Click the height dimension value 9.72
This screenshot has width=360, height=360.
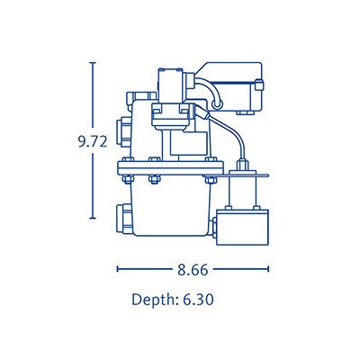pyautogui.click(x=93, y=141)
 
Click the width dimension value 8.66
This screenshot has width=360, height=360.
pyautogui.click(x=193, y=269)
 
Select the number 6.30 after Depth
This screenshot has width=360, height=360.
pyautogui.click(x=198, y=299)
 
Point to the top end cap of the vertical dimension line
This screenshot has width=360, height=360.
pyautogui.click(x=93, y=63)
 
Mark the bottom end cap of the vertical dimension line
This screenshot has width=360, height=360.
pyautogui.click(x=93, y=218)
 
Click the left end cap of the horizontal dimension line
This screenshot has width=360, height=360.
pyautogui.click(x=117, y=269)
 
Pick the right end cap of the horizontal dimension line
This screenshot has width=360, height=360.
pyautogui.click(x=268, y=269)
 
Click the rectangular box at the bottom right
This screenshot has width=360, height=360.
pyautogui.click(x=242, y=227)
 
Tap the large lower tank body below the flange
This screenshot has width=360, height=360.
pyautogui.click(x=170, y=209)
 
